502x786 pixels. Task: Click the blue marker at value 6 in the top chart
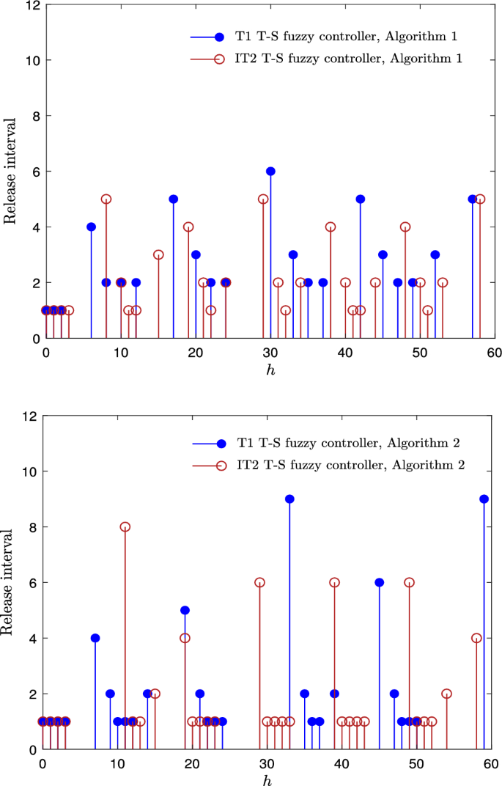click(x=270, y=171)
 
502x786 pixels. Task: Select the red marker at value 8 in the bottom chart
click(x=125, y=526)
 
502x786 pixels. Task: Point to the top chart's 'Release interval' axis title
click(x=11, y=171)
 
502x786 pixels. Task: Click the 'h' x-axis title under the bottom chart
click(x=266, y=777)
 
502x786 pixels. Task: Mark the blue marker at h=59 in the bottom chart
click(x=484, y=499)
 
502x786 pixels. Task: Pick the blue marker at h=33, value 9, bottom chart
click(x=289, y=499)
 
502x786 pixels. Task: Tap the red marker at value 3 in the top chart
click(x=158, y=254)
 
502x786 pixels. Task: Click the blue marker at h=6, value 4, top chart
click(x=91, y=227)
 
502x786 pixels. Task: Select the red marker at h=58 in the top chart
click(x=480, y=199)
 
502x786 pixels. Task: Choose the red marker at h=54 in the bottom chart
click(x=446, y=694)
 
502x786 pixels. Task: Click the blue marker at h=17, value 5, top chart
click(x=174, y=199)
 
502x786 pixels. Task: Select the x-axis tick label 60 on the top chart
click(x=495, y=351)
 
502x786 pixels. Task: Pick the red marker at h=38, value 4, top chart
click(x=331, y=227)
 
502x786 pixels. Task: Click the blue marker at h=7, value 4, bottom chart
click(x=95, y=638)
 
